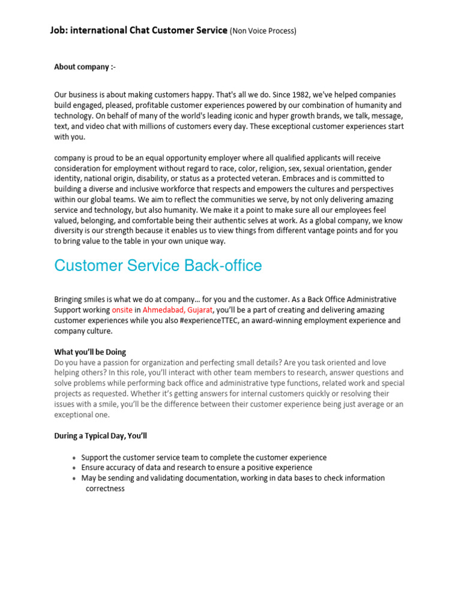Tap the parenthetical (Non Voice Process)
(x=264, y=31)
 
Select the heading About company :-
(x=85, y=67)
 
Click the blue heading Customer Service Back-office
(x=158, y=266)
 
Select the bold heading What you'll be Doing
(x=90, y=352)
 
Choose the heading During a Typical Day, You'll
(x=100, y=436)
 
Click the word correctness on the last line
(x=105, y=489)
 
